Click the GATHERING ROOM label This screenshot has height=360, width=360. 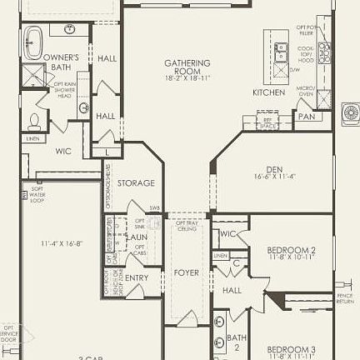point(187,64)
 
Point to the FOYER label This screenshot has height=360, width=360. point(187,272)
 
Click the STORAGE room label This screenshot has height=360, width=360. point(136,182)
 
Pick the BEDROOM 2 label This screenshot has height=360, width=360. point(291,249)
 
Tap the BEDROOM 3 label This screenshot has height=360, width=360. point(291,348)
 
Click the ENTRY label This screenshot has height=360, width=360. point(137,277)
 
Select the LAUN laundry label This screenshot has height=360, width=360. point(137,237)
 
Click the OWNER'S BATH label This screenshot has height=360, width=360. point(62,62)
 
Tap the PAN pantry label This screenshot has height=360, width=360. point(307,117)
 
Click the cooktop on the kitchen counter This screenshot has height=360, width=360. point(324,55)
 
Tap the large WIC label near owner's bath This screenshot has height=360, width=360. point(63,152)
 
